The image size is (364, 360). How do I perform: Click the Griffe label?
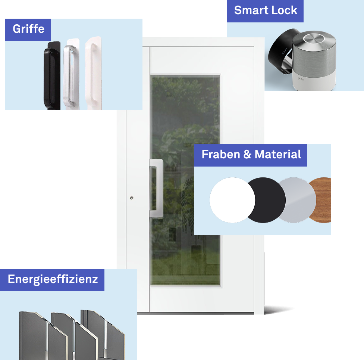pyautogui.click(x=28, y=29)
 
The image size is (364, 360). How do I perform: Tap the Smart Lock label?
pyautogui.click(x=265, y=10)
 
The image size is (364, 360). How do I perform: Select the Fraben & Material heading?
pyautogui.click(x=251, y=155)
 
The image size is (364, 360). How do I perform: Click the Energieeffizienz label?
pyautogui.click(x=53, y=279)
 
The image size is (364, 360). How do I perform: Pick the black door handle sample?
pyautogui.click(x=51, y=75)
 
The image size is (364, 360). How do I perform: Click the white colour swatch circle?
pyautogui.click(x=232, y=200)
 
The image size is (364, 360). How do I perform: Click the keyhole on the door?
pyautogui.click(x=131, y=198)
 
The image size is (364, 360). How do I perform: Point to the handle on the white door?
pyautogui.click(x=156, y=189)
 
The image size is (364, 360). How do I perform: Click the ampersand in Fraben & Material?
pyautogui.click(x=247, y=155)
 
